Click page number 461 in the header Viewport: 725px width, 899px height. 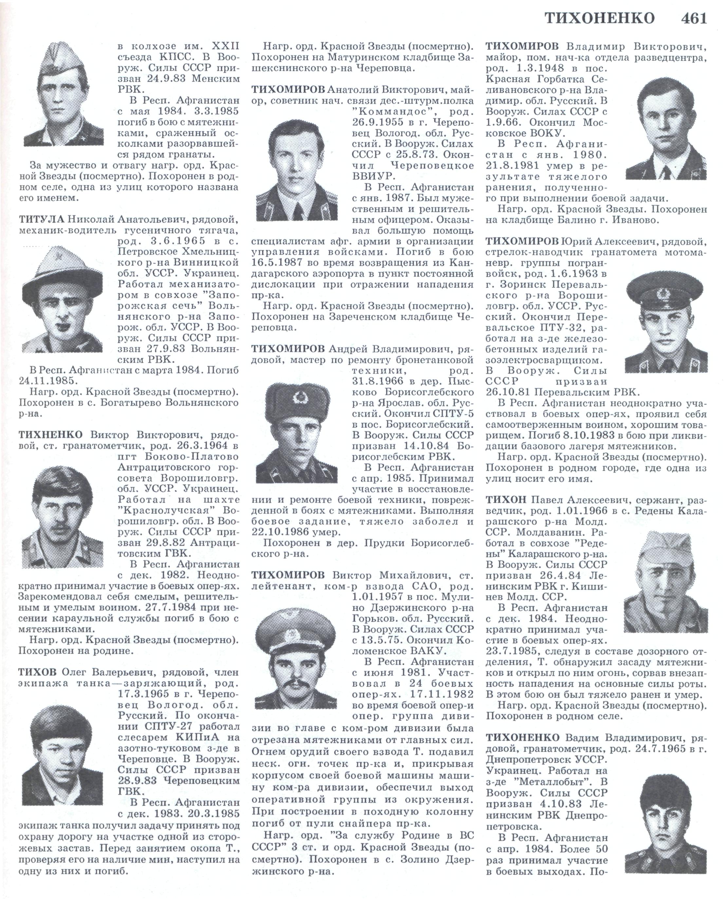(694, 18)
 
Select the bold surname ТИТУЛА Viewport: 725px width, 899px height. (41, 219)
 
